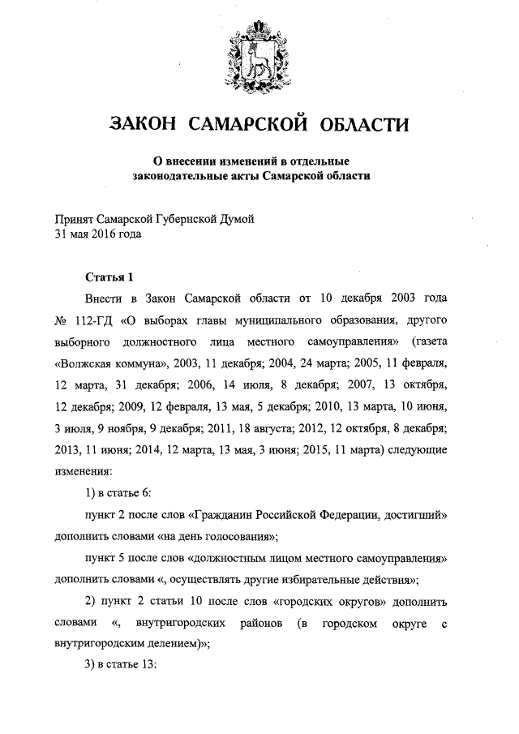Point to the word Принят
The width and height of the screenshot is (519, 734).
[74, 221]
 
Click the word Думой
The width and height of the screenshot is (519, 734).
[237, 221]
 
